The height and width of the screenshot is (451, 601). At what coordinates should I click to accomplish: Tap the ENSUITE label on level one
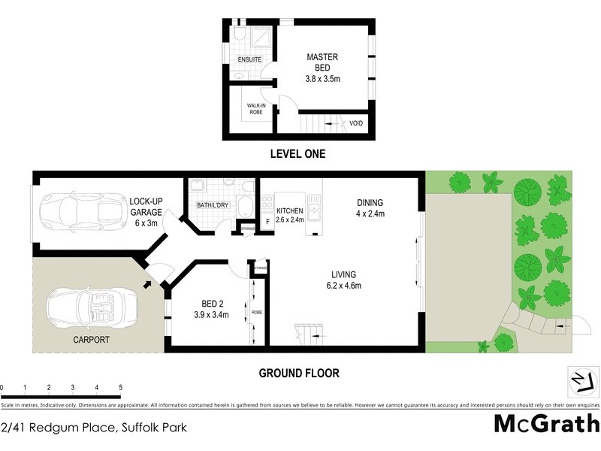pos(249,59)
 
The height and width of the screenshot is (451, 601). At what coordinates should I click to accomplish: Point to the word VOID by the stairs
pos(355,123)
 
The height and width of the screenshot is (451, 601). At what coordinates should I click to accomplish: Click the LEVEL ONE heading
pos(298,154)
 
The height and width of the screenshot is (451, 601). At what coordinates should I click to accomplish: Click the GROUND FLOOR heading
pos(299,373)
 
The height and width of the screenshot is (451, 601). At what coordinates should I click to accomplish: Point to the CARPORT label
pos(91,340)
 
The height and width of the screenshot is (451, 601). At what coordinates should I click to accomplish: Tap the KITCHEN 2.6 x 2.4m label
pos(290,215)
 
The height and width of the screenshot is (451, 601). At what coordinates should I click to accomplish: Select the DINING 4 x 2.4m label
pos(370,207)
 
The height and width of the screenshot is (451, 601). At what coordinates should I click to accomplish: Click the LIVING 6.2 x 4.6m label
pos(342,280)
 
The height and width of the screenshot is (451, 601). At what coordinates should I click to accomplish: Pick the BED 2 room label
pos(210,309)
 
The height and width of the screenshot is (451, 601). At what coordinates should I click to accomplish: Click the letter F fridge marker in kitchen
pos(267,222)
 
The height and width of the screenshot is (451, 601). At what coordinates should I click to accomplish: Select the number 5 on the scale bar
pos(120,388)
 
